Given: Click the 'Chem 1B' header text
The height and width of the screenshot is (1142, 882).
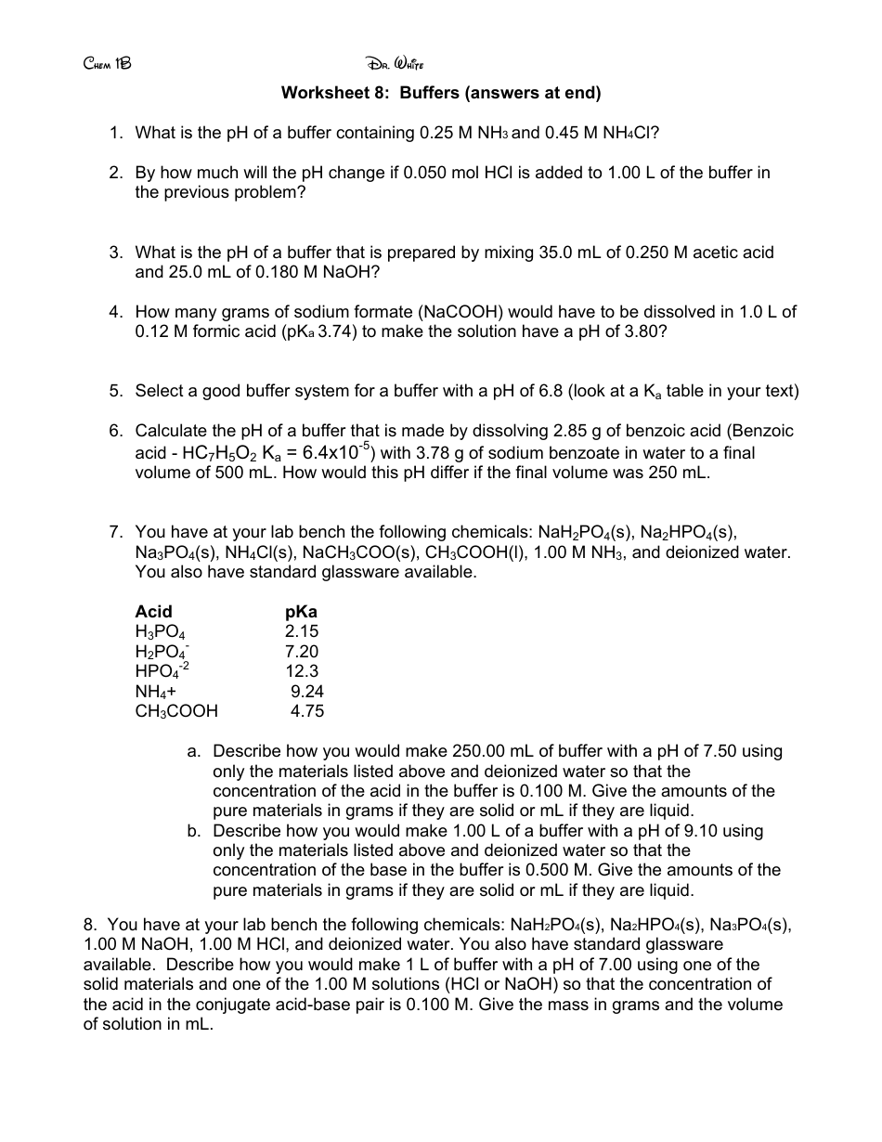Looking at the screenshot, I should (x=108, y=64).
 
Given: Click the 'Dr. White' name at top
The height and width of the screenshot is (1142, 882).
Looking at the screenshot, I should (x=395, y=64).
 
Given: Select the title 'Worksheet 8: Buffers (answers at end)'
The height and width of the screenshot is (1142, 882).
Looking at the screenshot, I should (x=441, y=93).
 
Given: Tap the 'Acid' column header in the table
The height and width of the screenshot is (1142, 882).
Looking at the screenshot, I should (x=153, y=611).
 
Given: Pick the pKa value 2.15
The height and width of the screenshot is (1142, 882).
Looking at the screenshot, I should (x=302, y=631).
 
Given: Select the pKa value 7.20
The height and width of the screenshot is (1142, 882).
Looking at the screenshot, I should (x=302, y=651).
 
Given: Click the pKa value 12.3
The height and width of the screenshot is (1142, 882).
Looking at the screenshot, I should (x=302, y=671).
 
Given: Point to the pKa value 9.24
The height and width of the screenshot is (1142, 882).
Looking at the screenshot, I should (x=307, y=691).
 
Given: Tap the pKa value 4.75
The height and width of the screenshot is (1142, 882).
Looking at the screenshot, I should (x=307, y=711).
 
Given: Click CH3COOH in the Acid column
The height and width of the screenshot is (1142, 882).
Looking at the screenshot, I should (x=176, y=711).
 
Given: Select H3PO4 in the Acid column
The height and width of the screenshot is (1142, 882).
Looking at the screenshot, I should (x=160, y=632).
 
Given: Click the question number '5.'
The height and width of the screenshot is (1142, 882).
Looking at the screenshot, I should (x=116, y=391).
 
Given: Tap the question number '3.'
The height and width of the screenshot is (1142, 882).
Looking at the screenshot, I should (x=116, y=253).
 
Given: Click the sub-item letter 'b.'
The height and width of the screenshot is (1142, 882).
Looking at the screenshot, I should (x=195, y=831).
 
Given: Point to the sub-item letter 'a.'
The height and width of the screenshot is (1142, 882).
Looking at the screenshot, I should (x=195, y=751).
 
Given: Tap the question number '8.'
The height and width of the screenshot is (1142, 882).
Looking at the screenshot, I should (x=91, y=925).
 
